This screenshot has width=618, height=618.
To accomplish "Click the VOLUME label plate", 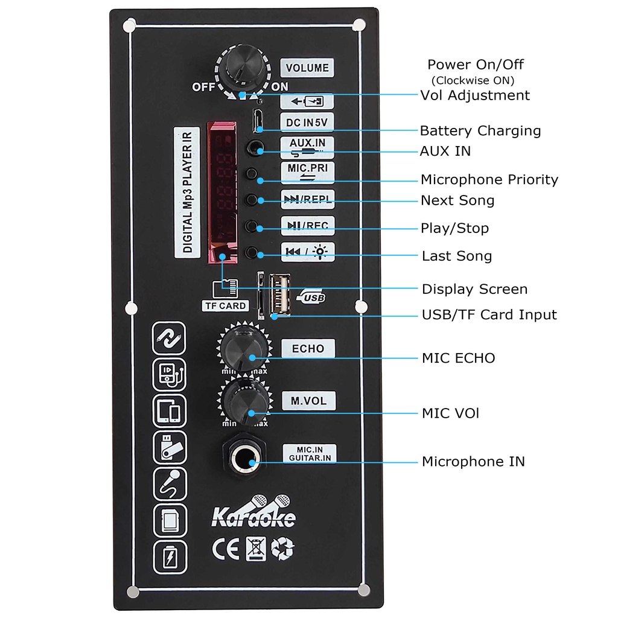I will click(x=307, y=68).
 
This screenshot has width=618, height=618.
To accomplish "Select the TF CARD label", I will click(x=225, y=305).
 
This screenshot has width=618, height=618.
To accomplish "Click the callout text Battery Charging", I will click(x=480, y=130).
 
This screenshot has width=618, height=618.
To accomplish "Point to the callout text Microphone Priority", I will click(x=489, y=179).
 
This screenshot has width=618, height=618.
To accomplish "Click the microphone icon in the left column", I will click(x=170, y=483).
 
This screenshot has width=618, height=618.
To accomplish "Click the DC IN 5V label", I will click(x=307, y=123).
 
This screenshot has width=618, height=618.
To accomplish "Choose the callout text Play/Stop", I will click(x=454, y=228).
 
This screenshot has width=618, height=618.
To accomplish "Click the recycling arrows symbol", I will click(x=282, y=548).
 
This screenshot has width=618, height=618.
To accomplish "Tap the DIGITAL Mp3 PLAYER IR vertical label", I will click(x=187, y=193).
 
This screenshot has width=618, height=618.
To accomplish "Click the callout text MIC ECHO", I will click(x=458, y=358).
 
